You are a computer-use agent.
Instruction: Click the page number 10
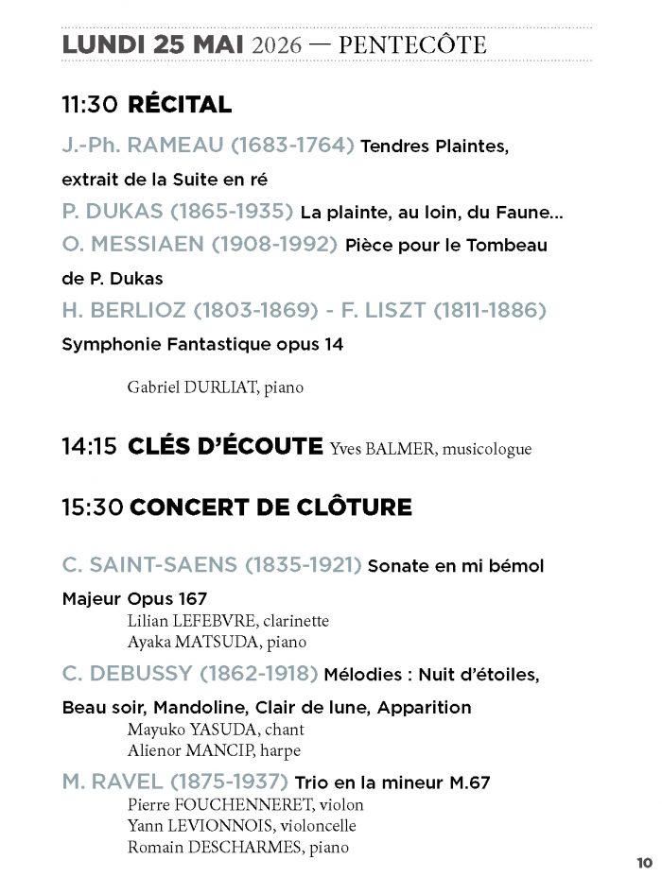644,862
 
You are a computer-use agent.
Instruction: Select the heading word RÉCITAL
180,105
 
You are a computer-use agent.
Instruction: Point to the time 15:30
92,507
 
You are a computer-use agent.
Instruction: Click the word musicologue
487,449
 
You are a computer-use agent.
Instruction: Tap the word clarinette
296,621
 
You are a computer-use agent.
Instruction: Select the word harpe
283,750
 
